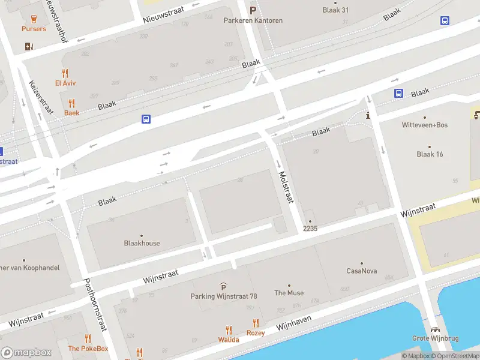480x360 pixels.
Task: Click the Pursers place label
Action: click(34, 29)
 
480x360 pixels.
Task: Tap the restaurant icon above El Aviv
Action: click(65, 73)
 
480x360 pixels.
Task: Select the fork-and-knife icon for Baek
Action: click(72, 103)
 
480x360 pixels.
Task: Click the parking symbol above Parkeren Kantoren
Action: click(253, 10)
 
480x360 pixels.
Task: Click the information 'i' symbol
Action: click(368, 115)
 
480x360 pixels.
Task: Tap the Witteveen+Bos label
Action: click(424, 125)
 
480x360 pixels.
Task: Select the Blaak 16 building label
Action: click(430, 154)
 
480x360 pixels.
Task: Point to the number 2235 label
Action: click(310, 229)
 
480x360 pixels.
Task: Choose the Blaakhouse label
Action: click(142, 243)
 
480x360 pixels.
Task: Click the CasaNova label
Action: click(361, 271)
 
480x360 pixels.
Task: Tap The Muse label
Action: click(289, 293)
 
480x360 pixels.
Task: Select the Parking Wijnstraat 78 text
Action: click(223, 296)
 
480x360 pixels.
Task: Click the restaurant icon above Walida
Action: click(229, 329)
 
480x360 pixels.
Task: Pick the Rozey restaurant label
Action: click(256, 332)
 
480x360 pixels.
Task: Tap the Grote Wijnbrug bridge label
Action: click(435, 338)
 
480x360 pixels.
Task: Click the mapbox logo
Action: click(26, 353)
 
